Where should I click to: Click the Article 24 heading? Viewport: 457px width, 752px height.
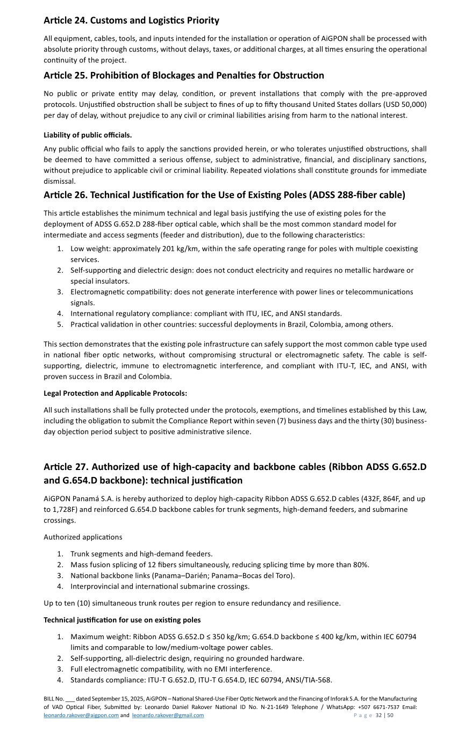[x=131, y=20]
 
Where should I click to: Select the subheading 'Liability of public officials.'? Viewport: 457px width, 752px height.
[x=88, y=135]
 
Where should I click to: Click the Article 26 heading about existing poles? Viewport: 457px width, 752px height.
[x=224, y=194]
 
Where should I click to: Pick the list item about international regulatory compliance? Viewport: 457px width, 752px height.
[x=206, y=313]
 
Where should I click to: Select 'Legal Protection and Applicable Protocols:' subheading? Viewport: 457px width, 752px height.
[x=115, y=393]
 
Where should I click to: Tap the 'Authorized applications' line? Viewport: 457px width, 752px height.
[x=83, y=537]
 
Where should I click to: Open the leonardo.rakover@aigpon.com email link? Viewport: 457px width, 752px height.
[x=81, y=715]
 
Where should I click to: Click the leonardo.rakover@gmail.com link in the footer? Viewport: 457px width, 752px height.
[x=168, y=715]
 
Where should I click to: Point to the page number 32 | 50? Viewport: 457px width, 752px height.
[x=384, y=715]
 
